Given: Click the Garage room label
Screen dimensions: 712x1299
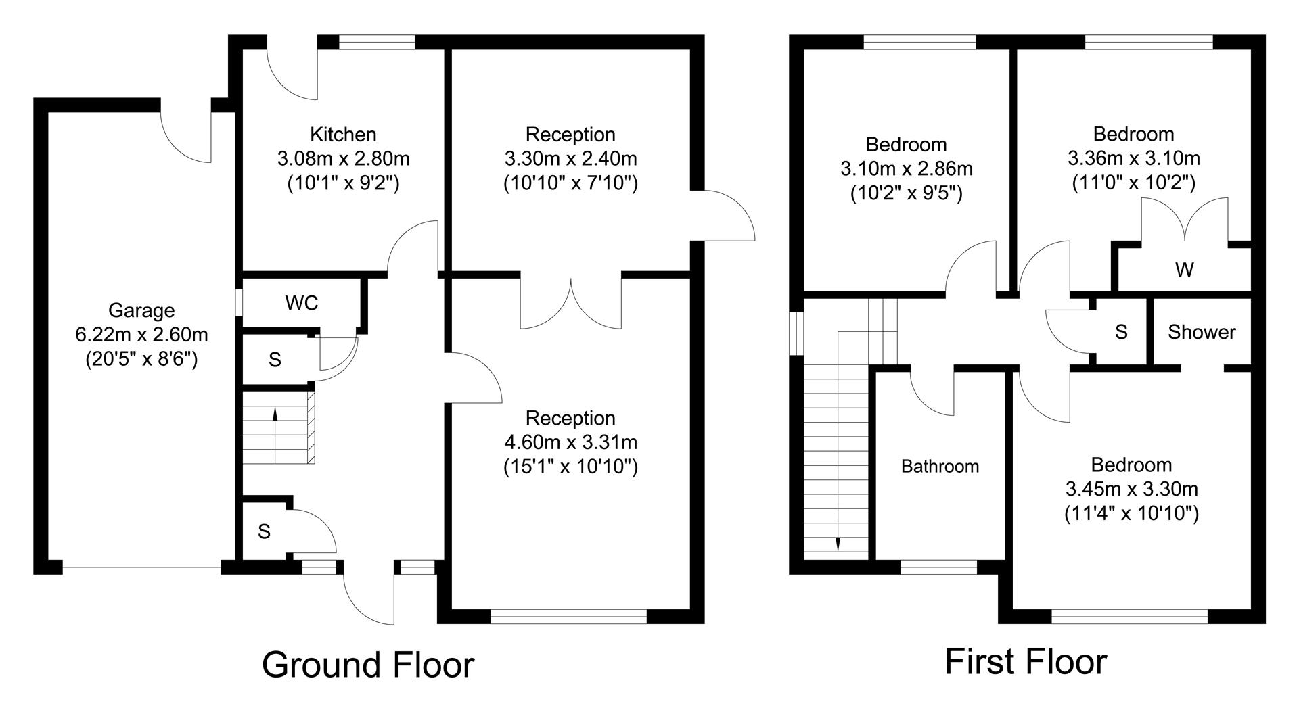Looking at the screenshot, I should [141, 310].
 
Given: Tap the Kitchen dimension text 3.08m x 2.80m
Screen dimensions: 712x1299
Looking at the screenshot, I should [343, 159].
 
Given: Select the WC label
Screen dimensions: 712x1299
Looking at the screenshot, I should [302, 304].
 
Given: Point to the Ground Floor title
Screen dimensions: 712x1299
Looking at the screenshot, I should [368, 665].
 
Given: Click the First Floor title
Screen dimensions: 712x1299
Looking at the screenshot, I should [1025, 661].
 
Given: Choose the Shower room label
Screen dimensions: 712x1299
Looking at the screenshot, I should [1202, 332].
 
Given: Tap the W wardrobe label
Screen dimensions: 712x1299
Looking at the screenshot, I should [1184, 270].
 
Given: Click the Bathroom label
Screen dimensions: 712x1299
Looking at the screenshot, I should [940, 467].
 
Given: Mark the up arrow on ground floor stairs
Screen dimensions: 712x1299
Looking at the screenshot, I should [275, 414].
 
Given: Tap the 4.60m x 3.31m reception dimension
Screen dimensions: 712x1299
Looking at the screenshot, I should [570, 442].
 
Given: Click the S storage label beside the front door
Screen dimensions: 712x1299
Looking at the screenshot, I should [264, 532].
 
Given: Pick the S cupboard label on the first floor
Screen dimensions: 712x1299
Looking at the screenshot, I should [1121, 332].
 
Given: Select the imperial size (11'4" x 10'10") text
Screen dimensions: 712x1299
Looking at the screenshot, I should [1131, 513].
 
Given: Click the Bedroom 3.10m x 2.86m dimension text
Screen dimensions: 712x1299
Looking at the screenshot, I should [906, 169].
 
